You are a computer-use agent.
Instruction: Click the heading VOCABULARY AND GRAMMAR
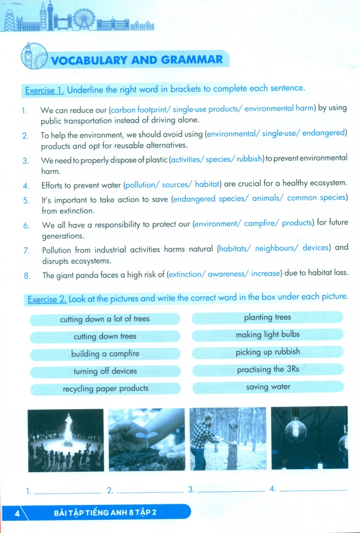pos(136,60)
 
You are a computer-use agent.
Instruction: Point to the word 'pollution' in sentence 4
pos(147,185)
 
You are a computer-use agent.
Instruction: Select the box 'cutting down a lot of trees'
pos(105,319)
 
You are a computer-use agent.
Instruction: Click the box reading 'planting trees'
pos(267,318)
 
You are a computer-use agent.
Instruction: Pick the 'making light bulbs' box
pos(267,335)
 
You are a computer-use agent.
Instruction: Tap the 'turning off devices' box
pos(105,371)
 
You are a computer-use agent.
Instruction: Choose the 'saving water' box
pos(268,387)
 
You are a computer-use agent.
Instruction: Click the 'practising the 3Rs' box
pos(268,370)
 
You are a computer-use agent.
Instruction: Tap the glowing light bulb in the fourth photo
pos(295,430)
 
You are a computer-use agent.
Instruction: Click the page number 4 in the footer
pos(17,513)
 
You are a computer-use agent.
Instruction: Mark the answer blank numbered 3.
pos(232,491)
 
